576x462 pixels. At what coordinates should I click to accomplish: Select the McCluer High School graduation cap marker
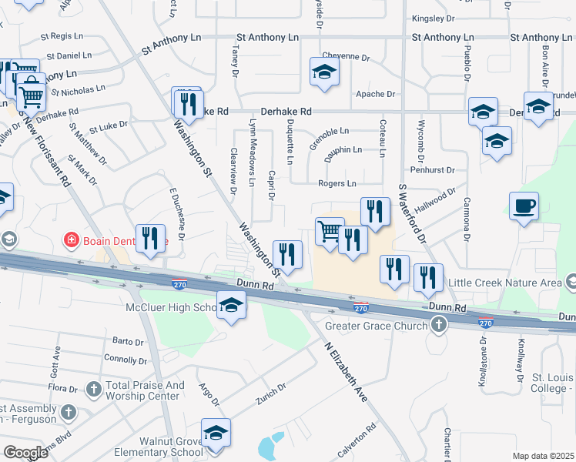point(231,306)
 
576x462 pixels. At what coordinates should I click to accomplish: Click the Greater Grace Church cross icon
point(438,326)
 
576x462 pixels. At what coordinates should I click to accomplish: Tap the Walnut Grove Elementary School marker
point(216,434)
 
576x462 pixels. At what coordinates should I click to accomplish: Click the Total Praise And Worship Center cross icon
point(94,388)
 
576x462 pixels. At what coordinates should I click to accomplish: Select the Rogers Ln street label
point(337,183)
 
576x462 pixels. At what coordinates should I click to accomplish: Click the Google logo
point(25,453)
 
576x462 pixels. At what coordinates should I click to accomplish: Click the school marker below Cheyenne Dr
point(324,73)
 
